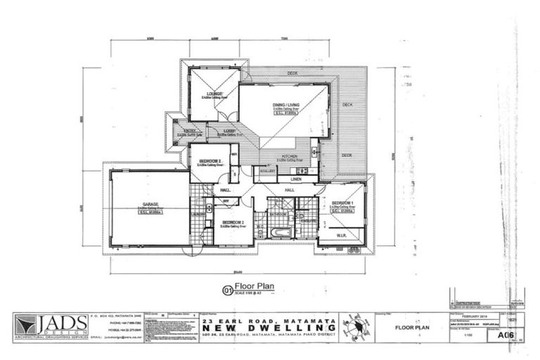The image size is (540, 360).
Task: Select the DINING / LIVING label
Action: coord(284,106)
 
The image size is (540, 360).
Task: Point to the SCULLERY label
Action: coord(267,171)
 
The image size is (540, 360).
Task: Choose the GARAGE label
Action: coord(150,205)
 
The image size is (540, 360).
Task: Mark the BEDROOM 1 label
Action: coord(342,202)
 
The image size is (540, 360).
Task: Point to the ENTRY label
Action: coord(190,131)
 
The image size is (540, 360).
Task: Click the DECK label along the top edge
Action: coord(291,73)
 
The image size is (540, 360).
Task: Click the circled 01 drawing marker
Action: coord(227,288)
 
